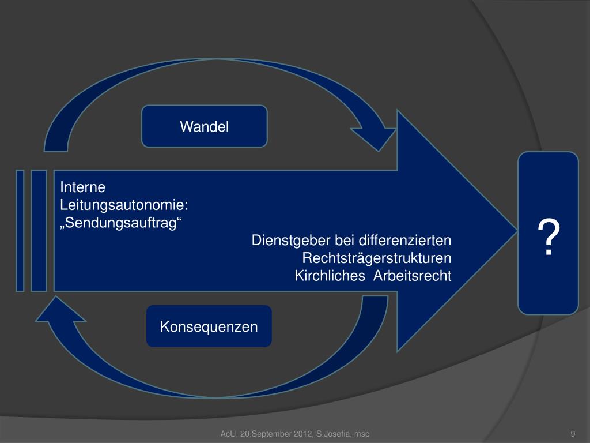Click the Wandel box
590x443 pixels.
[205, 126]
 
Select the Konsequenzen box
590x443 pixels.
[209, 326]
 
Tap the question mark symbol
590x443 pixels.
[549, 238]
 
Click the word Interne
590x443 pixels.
[83, 187]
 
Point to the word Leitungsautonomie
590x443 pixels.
[124, 205]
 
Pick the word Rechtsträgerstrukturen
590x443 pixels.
[377, 258]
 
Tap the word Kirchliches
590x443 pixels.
[330, 276]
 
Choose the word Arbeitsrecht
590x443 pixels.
[412, 276]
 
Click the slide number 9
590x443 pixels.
[573, 434]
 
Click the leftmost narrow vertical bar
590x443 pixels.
[20, 230]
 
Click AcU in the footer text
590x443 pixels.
[229, 434]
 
